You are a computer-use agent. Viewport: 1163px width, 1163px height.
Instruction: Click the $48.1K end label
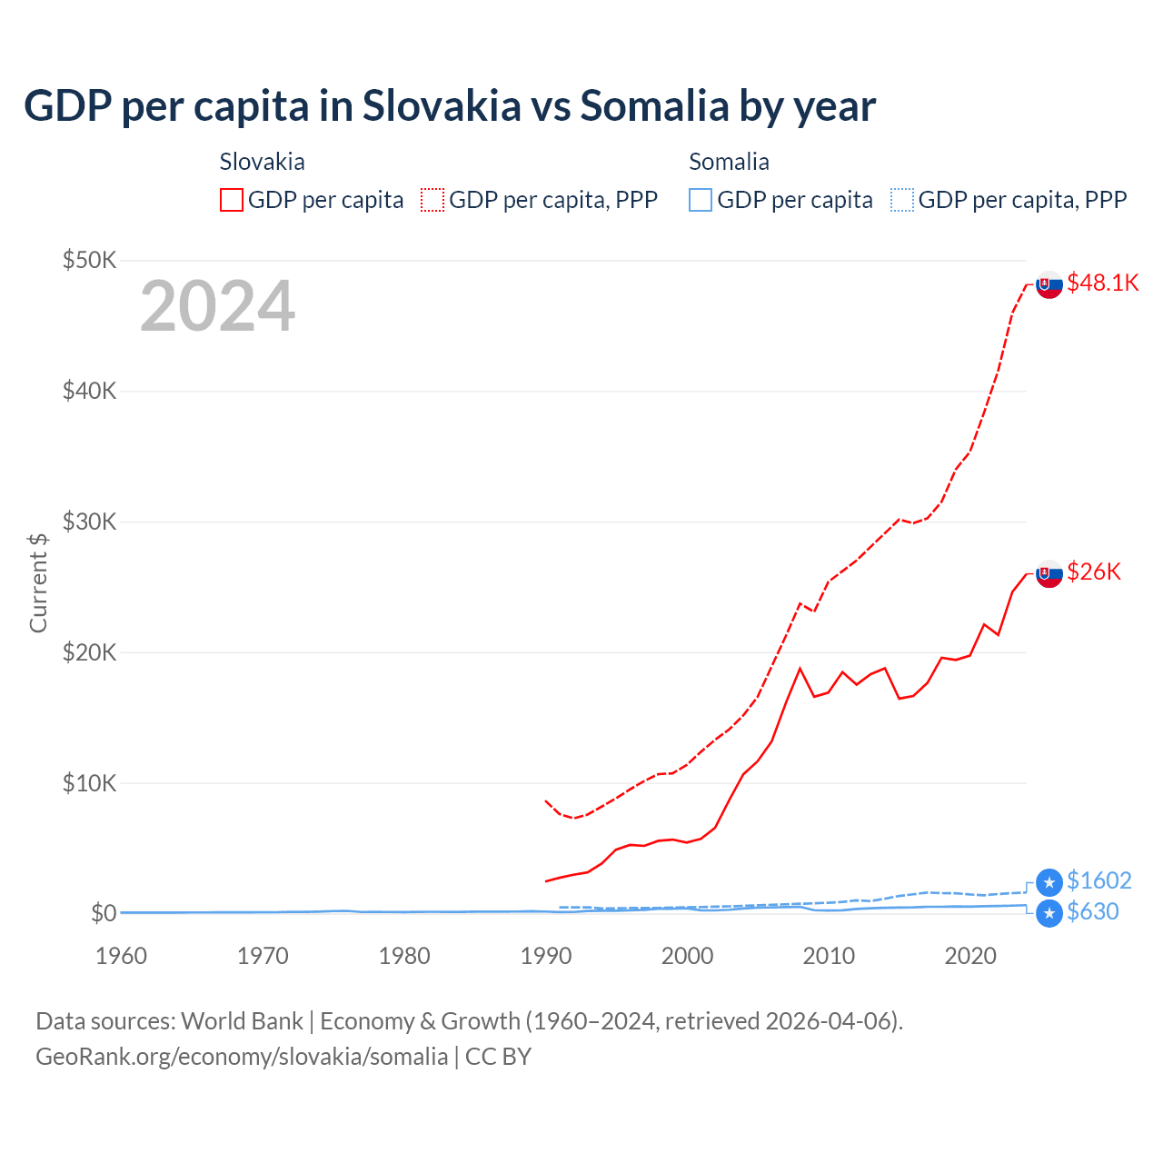pos(1102,283)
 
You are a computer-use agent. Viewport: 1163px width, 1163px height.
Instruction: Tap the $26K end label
pos(1094,572)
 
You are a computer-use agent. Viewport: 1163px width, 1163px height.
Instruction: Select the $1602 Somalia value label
pos(1098,880)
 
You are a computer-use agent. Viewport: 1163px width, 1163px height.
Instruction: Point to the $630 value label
pos(1092,911)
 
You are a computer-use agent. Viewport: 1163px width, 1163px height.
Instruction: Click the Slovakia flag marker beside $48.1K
pos(1049,284)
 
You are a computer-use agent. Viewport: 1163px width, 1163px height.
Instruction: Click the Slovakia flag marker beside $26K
pos(1049,573)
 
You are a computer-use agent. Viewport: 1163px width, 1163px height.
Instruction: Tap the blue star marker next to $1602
pos(1049,881)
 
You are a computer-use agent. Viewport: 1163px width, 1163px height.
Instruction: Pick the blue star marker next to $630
pos(1049,913)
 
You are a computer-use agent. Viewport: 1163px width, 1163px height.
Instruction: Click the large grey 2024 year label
pos(217,306)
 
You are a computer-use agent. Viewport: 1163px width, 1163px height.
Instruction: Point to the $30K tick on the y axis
pos(89,522)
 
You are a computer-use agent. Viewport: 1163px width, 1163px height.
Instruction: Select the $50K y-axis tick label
pos(89,261)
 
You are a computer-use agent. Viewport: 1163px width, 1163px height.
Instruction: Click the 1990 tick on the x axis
pos(546,956)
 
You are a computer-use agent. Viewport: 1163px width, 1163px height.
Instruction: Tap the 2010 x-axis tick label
pos(829,956)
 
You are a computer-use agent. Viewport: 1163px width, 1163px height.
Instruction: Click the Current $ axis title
pos(38,583)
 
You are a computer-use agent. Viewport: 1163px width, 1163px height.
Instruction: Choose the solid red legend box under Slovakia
pos(232,200)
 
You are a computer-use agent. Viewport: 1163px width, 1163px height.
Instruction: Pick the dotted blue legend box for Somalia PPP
pos(902,200)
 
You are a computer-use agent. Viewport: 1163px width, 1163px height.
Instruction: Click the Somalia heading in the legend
pos(729,162)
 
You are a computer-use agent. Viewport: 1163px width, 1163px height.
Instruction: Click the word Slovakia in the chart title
pos(442,105)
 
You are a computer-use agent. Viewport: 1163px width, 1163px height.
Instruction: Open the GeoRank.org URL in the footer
pos(242,1057)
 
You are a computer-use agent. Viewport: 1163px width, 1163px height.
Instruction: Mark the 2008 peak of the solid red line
pos(800,669)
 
